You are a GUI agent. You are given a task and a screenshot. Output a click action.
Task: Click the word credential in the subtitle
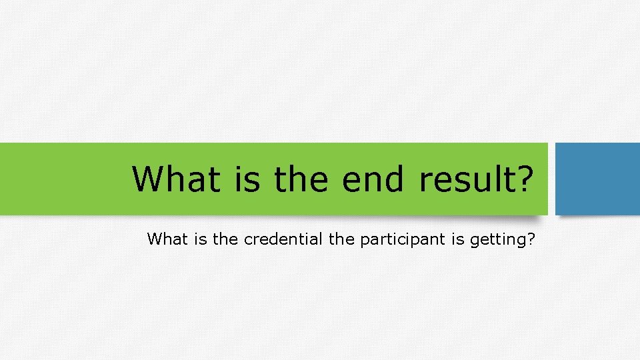tap(284, 239)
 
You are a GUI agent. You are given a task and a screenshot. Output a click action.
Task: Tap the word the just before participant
tap(342, 239)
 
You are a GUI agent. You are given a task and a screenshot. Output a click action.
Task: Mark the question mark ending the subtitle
tap(531, 239)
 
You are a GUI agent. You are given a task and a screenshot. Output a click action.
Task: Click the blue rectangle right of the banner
tap(597, 179)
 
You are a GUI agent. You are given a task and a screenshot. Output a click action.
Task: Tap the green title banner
tap(67, 179)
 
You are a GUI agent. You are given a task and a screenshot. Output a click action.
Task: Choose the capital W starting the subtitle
tap(155, 239)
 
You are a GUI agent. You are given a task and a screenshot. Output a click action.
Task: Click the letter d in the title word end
tap(394, 179)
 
